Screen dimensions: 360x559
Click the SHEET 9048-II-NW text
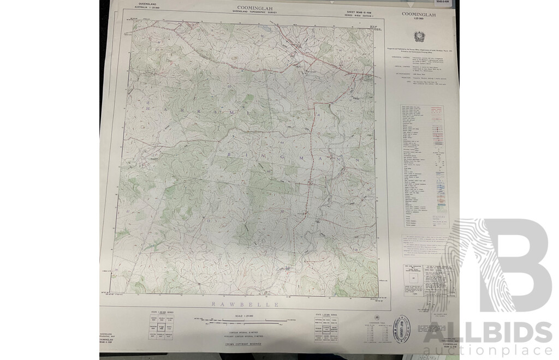coord(361,11)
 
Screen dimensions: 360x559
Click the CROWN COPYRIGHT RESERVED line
coord(249,344)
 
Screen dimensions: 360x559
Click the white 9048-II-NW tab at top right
coord(450,3)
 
